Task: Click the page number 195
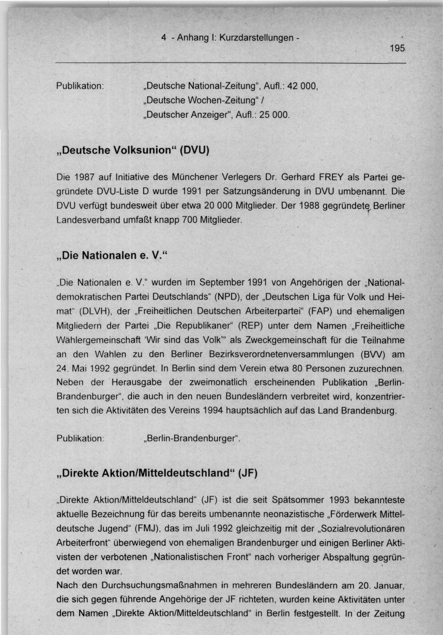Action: click(x=398, y=49)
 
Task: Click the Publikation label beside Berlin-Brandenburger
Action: click(x=80, y=439)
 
